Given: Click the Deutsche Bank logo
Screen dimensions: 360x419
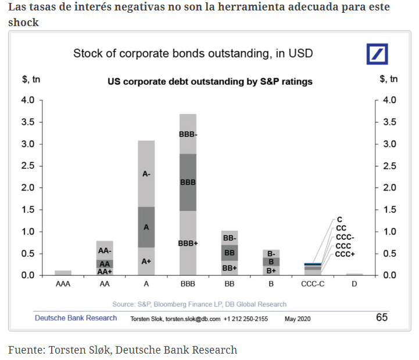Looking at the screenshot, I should (x=377, y=53).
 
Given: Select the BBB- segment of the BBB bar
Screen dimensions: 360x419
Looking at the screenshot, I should (x=188, y=134).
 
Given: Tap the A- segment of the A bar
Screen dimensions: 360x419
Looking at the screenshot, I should (x=146, y=173).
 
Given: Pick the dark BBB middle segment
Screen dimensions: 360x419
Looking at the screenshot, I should (x=188, y=182).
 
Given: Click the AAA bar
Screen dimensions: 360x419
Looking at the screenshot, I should (x=63, y=272).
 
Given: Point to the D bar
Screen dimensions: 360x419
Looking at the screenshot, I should (x=354, y=274).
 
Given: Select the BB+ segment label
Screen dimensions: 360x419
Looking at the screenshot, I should (x=230, y=268).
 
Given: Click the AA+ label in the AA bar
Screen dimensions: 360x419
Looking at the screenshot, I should (x=105, y=271).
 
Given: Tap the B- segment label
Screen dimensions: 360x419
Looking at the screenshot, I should (x=271, y=253).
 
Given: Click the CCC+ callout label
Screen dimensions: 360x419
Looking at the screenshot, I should (x=345, y=254).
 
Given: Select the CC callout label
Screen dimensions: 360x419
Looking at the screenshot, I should (x=341, y=229).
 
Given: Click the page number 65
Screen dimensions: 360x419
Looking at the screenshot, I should (x=382, y=318).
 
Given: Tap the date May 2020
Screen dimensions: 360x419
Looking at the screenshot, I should (x=298, y=319).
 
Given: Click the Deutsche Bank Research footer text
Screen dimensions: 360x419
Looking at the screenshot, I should (x=76, y=318).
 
